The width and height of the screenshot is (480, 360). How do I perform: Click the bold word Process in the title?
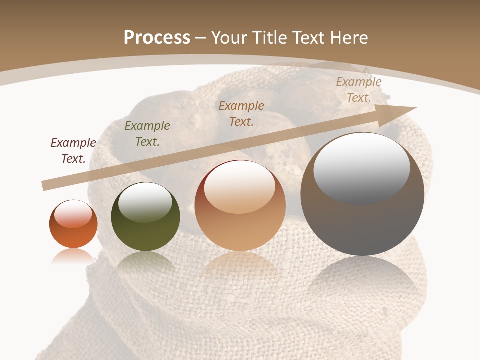[x=157, y=38]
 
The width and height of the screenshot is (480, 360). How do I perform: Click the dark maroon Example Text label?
[x=73, y=151]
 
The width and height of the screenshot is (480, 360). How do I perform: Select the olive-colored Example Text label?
[x=147, y=134]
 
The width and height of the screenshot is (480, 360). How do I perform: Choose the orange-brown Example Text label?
[x=241, y=114]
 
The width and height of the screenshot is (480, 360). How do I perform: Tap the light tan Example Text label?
[x=359, y=90]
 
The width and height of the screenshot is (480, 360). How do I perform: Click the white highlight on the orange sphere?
[x=73, y=214]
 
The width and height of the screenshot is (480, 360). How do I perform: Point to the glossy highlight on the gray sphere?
[x=361, y=167]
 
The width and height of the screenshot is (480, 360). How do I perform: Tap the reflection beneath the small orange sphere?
[x=73, y=256]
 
